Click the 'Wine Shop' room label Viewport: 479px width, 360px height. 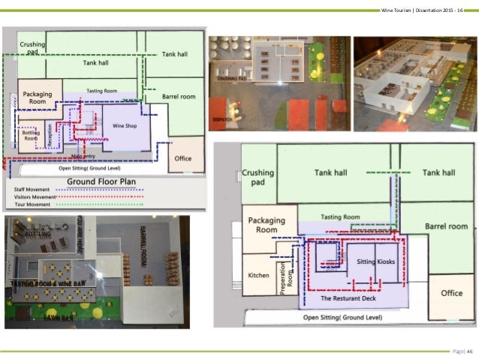tap(124, 126)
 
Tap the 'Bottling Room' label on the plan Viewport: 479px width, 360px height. tap(31, 135)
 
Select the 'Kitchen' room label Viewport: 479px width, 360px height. tap(258, 275)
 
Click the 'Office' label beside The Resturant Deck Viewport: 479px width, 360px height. tap(451, 293)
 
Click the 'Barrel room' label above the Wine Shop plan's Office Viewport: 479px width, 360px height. tap(179, 97)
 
